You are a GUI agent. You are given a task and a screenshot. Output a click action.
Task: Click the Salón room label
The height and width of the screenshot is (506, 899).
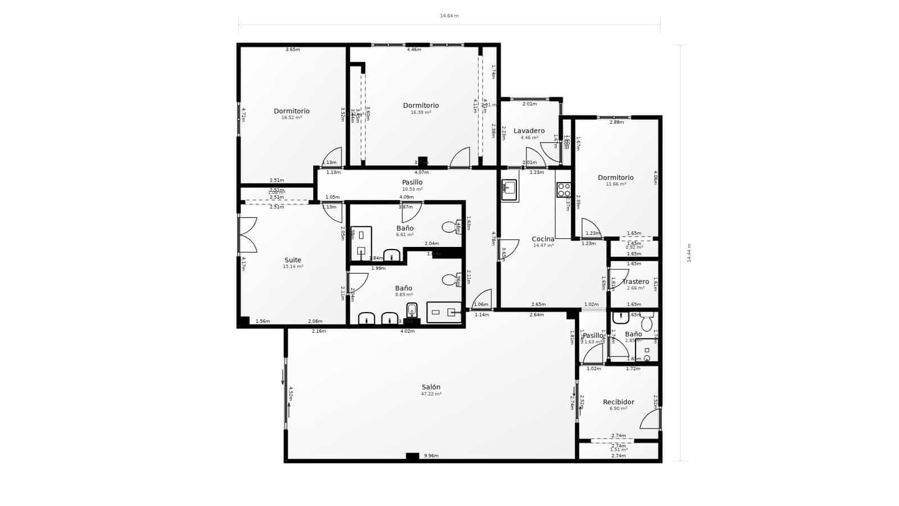click(x=431, y=387)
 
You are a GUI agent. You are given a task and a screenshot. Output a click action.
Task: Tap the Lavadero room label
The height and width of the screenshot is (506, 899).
click(x=529, y=131)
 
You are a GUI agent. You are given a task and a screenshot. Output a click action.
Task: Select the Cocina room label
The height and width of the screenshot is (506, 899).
click(x=543, y=239)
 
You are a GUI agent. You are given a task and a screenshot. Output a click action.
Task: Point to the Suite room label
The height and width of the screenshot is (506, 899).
click(x=293, y=260)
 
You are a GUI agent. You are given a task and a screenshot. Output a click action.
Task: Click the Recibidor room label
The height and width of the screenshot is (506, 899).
click(x=618, y=402)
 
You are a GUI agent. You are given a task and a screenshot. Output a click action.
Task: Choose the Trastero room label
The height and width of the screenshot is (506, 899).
click(x=635, y=282)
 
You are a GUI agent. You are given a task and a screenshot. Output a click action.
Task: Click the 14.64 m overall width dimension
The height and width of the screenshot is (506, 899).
click(x=449, y=16)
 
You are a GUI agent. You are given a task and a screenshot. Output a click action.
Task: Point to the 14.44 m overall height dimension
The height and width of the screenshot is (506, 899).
click(x=689, y=252)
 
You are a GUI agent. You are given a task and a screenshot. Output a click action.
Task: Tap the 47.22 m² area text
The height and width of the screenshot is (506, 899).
click(x=431, y=394)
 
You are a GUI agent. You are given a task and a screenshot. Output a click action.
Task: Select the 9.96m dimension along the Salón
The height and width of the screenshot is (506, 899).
click(x=431, y=455)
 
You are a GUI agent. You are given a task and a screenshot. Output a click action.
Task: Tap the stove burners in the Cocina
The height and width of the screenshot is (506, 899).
click(x=563, y=190)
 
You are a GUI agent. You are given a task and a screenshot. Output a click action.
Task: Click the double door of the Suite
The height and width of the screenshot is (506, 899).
click(x=248, y=234)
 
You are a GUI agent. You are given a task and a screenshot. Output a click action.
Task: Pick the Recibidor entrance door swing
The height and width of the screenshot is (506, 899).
click(x=651, y=419)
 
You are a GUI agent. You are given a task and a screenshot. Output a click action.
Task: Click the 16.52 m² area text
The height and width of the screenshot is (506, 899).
click(x=292, y=118)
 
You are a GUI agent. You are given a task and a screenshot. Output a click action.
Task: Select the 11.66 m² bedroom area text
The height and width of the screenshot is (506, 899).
click(x=616, y=184)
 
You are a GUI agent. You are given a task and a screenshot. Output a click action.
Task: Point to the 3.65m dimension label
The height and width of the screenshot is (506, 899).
click(x=292, y=49)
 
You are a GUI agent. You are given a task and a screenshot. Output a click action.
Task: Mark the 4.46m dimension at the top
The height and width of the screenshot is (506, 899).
click(x=414, y=49)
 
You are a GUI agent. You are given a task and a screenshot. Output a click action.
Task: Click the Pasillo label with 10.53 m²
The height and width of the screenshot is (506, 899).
click(x=412, y=182)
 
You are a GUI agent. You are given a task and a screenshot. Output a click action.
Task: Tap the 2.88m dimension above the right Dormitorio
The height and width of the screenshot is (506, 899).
click(x=616, y=122)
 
